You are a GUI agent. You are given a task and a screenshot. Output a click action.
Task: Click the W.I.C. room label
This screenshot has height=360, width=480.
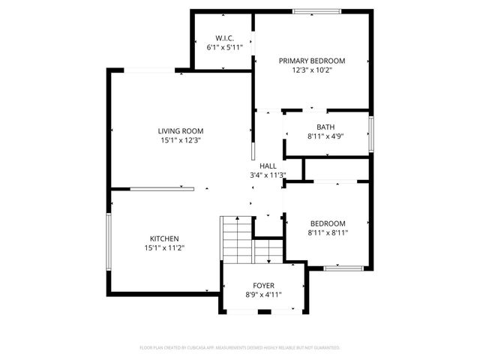point(224,37)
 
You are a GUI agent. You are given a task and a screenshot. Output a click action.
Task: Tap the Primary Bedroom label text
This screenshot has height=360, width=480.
point(311,61)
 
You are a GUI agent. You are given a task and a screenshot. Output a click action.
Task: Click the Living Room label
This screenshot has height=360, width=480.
point(180,131)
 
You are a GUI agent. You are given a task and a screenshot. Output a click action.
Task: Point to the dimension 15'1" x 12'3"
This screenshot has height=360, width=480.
point(180,140)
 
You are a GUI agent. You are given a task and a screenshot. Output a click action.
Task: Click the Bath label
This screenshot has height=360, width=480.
point(325,127)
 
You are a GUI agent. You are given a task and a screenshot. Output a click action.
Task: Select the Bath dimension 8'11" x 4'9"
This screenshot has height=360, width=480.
point(325,136)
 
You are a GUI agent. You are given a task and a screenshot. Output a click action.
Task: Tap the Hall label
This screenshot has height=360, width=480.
point(268,166)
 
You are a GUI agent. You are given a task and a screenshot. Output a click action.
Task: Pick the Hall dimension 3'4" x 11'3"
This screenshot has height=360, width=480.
point(268,175)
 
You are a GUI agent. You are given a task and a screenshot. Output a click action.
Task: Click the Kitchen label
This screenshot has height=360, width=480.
point(163,239)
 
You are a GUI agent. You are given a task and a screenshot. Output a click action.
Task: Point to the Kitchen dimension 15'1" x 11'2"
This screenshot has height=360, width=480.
point(163,248)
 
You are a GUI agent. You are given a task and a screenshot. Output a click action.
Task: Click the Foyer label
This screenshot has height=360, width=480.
point(262,286)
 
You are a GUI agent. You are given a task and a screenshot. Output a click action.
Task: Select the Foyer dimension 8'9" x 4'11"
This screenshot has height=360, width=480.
point(262,295)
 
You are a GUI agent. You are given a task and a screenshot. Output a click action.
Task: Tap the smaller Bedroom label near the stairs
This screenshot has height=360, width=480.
point(328,223)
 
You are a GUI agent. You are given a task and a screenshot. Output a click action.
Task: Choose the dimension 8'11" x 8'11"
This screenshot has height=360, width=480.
point(328,232)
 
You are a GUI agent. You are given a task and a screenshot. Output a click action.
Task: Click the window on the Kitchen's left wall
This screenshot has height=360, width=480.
point(109,241)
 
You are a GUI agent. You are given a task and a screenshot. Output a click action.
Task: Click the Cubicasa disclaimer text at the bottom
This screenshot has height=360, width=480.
point(240,348)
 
